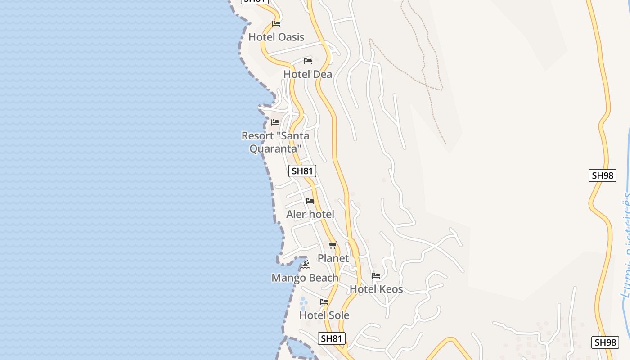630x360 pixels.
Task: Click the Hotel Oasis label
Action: (276, 37)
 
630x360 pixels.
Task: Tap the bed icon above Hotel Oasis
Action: (276, 24)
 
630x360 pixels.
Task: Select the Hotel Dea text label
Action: (307, 74)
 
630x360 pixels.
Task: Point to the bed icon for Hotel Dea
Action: (308, 61)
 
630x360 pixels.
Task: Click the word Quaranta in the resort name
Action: (275, 148)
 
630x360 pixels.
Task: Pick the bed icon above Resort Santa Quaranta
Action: (275, 122)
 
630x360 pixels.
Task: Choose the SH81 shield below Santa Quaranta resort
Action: (302, 171)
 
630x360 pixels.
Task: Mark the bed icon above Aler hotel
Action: (310, 201)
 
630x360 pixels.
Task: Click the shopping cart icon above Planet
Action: (333, 245)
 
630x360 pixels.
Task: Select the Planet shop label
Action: (333, 258)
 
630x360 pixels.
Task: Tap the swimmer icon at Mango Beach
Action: (306, 265)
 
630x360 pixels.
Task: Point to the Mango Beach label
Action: (305, 278)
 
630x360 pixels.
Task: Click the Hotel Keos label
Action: (376, 289)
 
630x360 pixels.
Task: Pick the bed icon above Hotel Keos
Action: (376, 276)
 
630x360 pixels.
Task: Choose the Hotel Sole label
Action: (324, 315)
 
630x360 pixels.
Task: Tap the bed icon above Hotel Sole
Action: (324, 302)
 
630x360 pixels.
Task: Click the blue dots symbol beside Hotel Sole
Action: (304, 301)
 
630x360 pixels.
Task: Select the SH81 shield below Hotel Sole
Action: (332, 338)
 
